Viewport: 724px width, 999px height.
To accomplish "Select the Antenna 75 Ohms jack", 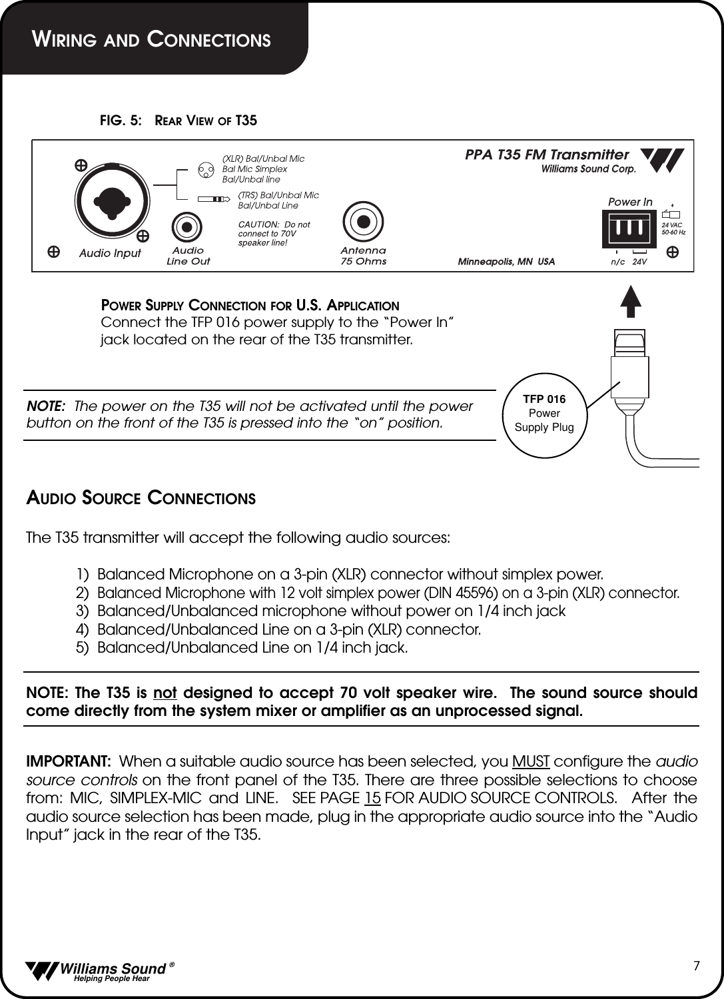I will click(363, 221).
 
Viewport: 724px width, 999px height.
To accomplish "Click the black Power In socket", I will click(629, 228).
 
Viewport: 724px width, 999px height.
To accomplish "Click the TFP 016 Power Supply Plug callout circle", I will click(544, 413).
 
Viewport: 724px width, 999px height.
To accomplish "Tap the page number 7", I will click(696, 966).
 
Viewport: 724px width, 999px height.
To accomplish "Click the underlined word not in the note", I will click(165, 693).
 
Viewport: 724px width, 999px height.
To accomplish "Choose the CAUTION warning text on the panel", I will click(274, 234).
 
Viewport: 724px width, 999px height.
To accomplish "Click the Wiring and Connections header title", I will click(153, 39).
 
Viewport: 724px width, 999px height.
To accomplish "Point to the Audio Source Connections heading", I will click(141, 498).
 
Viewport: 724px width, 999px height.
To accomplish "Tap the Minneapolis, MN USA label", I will click(506, 262).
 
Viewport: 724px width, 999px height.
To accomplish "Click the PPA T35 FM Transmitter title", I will click(546, 155).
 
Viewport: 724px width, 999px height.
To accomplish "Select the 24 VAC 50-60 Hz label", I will click(673, 228).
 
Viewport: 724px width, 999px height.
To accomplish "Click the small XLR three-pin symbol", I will click(206, 169).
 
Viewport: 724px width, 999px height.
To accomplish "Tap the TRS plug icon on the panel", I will click(213, 198).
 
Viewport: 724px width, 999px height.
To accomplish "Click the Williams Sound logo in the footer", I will click(96, 970).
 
